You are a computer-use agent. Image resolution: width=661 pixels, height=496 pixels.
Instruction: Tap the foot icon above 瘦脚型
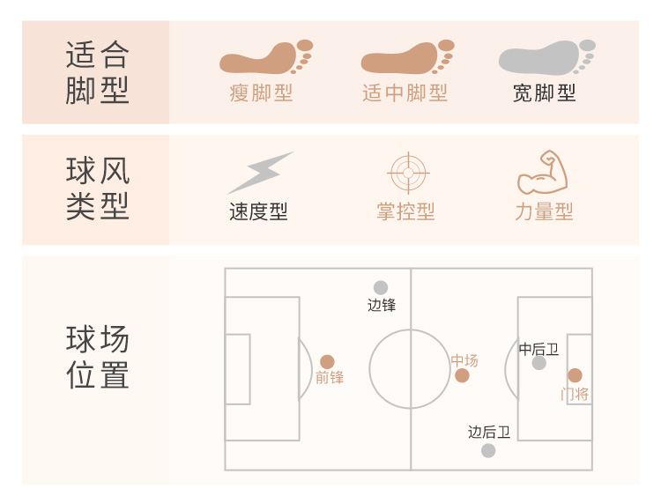click(265, 57)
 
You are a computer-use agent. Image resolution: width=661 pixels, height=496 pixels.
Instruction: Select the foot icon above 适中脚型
click(406, 57)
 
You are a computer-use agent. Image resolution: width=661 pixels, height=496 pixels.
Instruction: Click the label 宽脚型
click(545, 93)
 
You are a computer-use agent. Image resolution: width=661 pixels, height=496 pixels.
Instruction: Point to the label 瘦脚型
click(261, 93)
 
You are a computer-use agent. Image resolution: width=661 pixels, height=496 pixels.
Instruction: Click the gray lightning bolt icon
click(260, 172)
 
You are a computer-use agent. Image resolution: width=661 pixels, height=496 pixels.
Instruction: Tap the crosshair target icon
click(406, 172)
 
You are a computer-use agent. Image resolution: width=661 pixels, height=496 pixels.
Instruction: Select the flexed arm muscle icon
click(543, 172)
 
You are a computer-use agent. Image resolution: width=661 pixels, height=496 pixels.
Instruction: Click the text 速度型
click(258, 212)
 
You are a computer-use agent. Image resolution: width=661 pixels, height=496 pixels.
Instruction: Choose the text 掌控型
click(405, 212)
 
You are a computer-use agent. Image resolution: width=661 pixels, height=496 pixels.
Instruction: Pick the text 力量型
click(544, 212)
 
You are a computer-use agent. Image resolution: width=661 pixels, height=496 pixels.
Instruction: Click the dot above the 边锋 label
click(381, 287)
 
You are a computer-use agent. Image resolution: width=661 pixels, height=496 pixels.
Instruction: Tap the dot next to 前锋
click(327, 361)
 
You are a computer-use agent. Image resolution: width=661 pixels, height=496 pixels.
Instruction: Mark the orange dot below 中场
click(462, 376)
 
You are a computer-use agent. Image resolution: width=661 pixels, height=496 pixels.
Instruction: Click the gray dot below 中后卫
click(538, 363)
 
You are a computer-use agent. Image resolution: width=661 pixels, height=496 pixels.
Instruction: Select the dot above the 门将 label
click(575, 375)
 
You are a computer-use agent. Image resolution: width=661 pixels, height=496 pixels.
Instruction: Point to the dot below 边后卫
click(488, 450)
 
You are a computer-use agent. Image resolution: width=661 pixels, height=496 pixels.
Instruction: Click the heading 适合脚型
click(97, 73)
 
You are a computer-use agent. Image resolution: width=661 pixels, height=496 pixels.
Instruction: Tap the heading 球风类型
click(97, 189)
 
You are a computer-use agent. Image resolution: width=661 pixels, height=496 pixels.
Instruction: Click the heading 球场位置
click(97, 357)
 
